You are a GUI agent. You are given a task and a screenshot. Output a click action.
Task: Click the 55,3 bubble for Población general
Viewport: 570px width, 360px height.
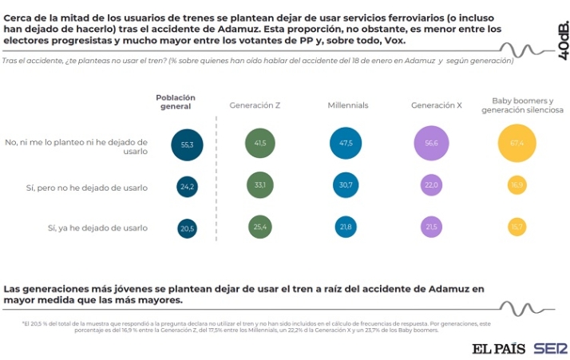coord(188,144)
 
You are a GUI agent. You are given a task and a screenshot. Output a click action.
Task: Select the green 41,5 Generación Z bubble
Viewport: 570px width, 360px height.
coord(260,143)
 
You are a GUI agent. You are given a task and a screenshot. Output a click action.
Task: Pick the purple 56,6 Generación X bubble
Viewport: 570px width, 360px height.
coord(432,144)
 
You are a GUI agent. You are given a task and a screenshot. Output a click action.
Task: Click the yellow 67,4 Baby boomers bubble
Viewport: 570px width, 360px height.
coord(517,144)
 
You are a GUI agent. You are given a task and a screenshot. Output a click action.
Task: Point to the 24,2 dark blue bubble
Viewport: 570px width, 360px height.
coord(188,187)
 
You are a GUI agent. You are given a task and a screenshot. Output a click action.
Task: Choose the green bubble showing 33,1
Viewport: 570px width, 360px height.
coord(260,185)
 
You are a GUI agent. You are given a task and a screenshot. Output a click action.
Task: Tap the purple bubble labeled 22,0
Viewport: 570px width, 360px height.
coord(432,186)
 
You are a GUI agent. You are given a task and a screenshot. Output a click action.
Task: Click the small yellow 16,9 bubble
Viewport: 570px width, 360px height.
coord(517,186)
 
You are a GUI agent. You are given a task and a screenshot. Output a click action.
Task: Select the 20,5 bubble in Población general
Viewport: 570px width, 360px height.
coord(188,228)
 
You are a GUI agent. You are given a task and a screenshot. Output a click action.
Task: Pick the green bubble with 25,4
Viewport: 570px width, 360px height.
coord(260,227)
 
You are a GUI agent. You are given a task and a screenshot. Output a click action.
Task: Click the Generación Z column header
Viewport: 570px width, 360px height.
coord(255,105)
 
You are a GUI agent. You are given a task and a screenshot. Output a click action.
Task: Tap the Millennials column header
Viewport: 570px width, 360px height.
coord(348,105)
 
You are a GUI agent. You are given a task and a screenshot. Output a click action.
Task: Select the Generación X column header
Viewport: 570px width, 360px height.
coord(437,105)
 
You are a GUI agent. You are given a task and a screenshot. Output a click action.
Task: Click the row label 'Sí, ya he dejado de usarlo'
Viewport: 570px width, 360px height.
coord(98,227)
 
